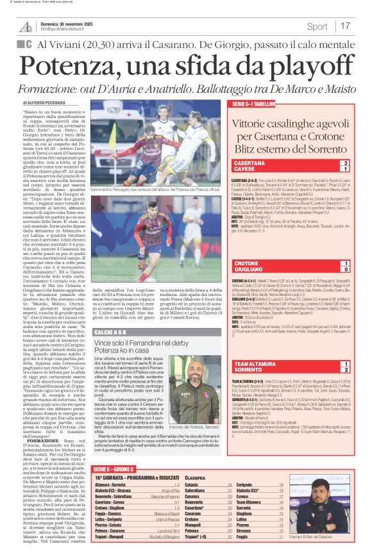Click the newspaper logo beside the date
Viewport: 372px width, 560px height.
(x=26, y=26)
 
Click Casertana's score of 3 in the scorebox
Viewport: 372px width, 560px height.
(x=346, y=163)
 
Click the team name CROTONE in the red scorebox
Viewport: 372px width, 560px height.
(x=246, y=263)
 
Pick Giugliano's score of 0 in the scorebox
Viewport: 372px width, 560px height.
(x=346, y=270)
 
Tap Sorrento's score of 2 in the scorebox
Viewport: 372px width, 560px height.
(x=346, y=370)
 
